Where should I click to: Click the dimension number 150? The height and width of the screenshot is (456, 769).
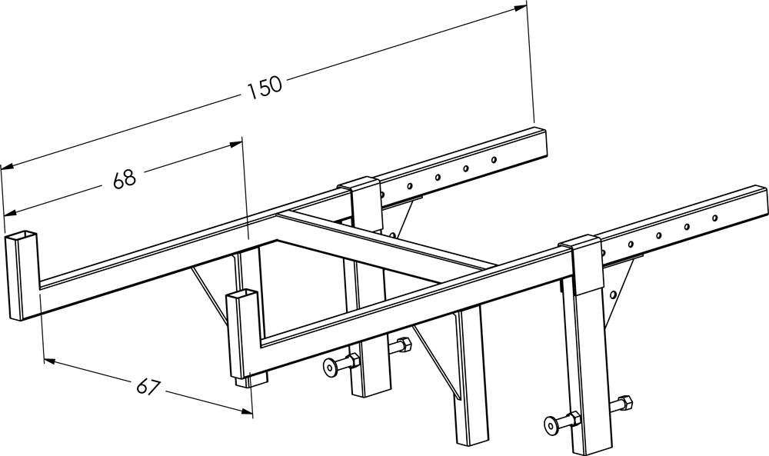(x=265, y=88)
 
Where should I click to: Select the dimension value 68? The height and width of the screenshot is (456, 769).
(x=124, y=179)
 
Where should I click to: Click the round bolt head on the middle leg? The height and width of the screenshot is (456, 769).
(x=329, y=365)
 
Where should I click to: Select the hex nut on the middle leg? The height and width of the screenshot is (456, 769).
(x=404, y=345)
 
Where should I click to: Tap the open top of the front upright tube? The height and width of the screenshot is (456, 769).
(x=241, y=295)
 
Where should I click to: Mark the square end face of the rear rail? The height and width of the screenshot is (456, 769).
(x=540, y=143)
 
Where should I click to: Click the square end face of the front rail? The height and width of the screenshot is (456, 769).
(x=761, y=200)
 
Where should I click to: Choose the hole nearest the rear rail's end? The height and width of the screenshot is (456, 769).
(x=494, y=159)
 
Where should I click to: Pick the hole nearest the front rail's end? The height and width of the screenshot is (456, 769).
(x=714, y=217)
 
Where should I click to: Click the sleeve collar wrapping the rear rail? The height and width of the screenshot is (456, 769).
(x=363, y=200)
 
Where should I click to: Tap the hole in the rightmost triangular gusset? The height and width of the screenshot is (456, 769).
(x=613, y=295)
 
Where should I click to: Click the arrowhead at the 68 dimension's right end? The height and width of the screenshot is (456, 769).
(x=235, y=144)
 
